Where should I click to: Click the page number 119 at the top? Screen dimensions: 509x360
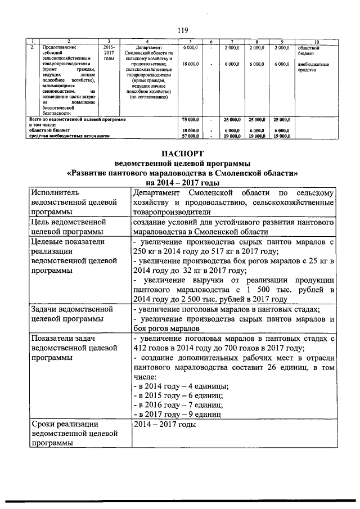(180, 30)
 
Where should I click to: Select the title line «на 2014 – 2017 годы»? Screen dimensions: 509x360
(180, 182)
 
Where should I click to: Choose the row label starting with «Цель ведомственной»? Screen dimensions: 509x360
(75, 227)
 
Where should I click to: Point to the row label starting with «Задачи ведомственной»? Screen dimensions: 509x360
(75, 314)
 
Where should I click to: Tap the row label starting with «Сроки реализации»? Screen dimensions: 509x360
(75, 434)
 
